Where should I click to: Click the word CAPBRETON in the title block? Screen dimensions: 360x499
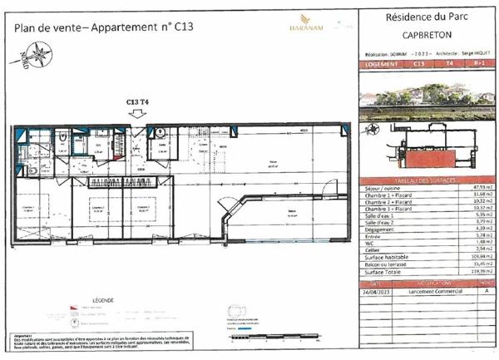pyautogui.click(x=427, y=35)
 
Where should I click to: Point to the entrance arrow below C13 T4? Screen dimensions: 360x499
pyautogui.click(x=138, y=115)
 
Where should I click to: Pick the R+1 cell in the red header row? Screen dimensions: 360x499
pyautogui.click(x=480, y=62)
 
